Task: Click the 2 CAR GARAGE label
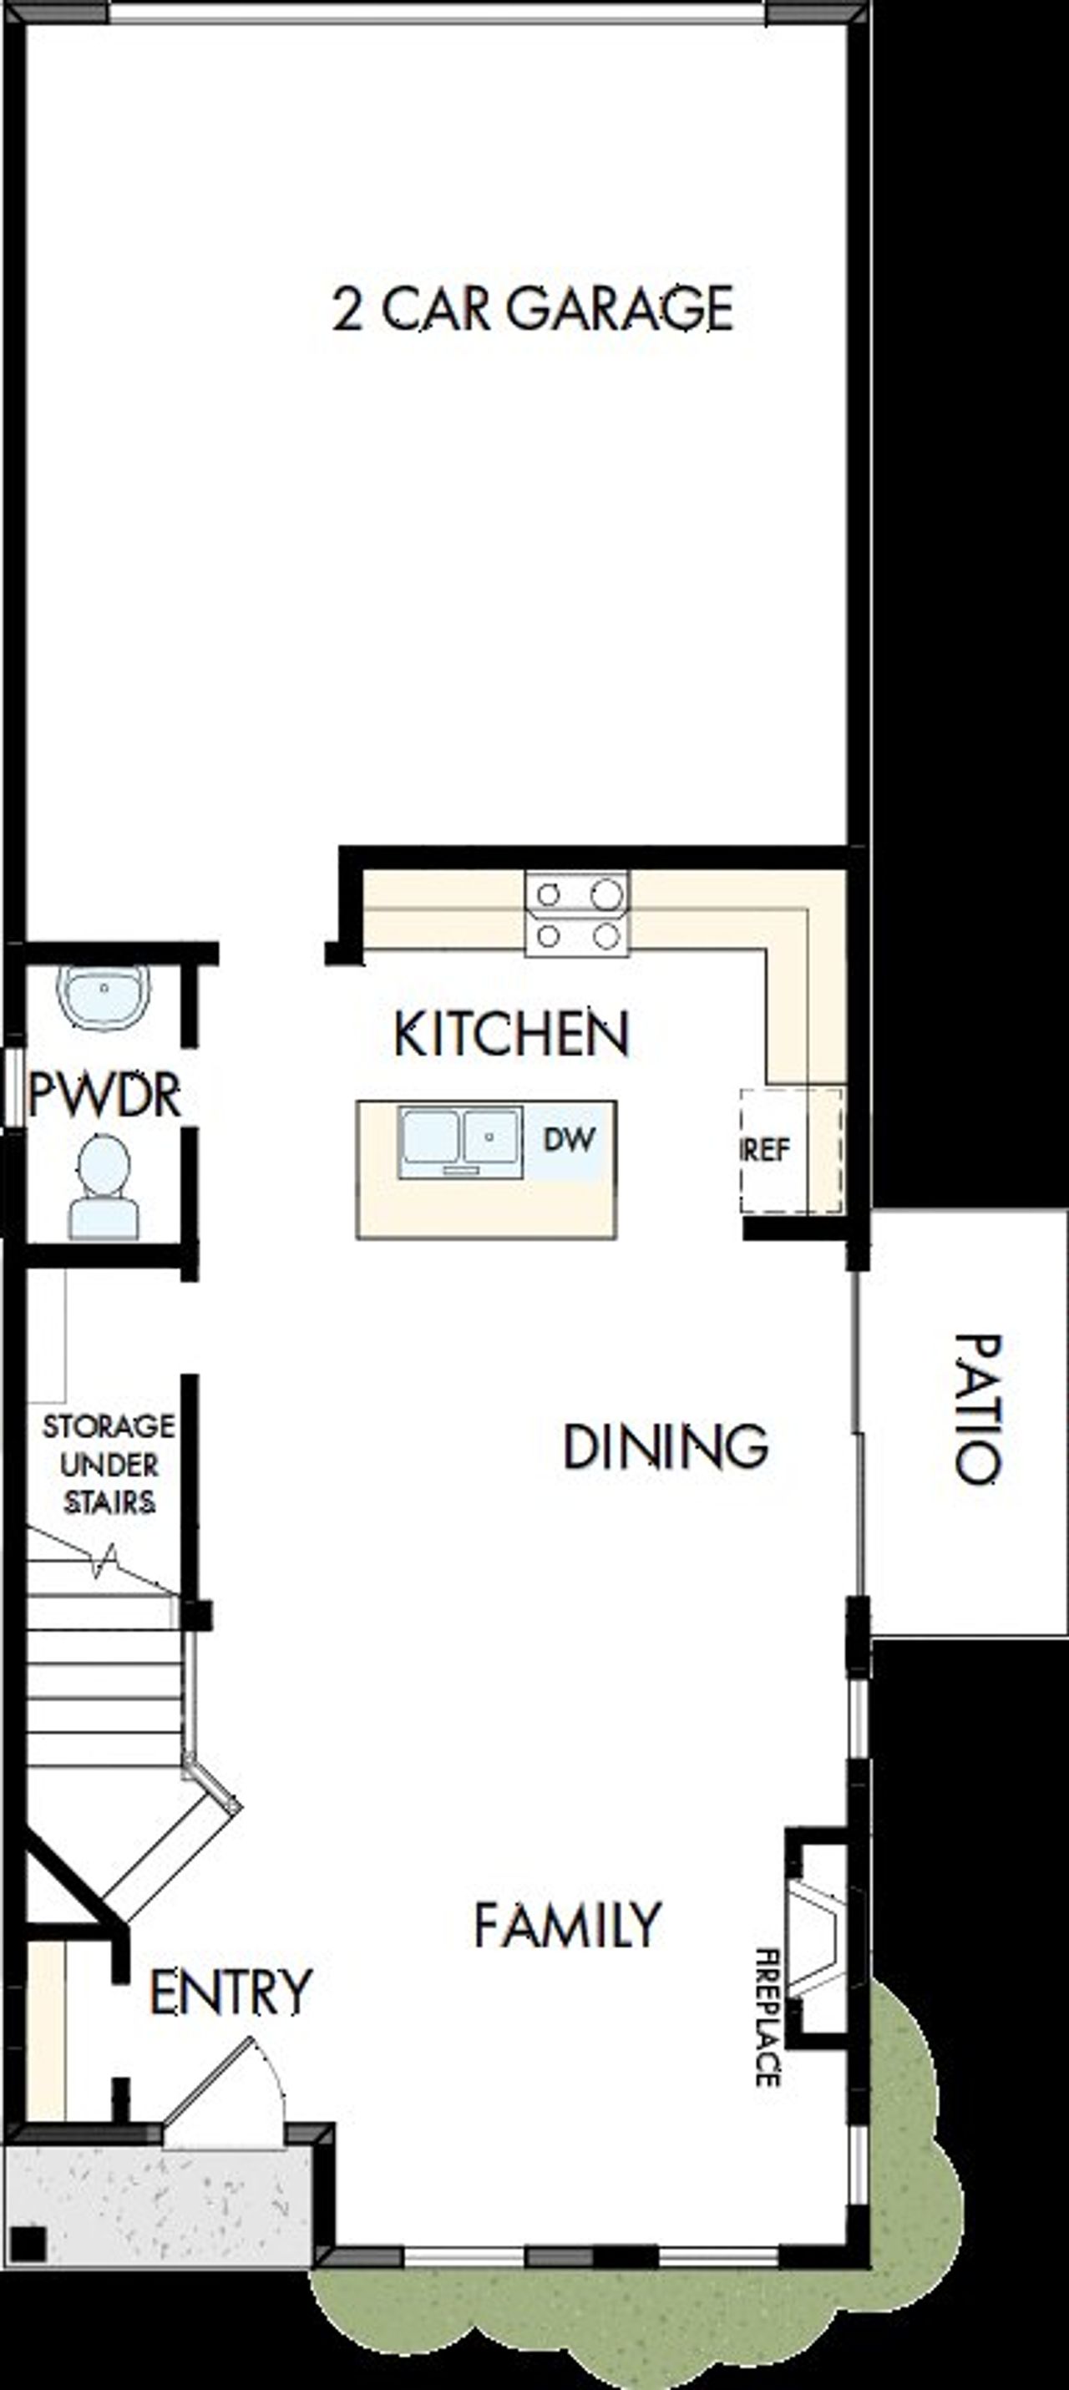pos(533,309)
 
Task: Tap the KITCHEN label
pos(511,1035)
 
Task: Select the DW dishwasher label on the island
pos(569,1138)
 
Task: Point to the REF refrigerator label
pos(767,1151)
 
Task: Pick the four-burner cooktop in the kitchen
pos(577,914)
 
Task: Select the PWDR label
pos(104,1096)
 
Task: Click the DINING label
pos(666,1446)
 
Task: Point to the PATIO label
pos(976,1410)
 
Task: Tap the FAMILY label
pos(568,1924)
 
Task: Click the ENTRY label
pos(231,1991)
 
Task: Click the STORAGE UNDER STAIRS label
pos(109,1465)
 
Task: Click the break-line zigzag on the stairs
pos(104,1562)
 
